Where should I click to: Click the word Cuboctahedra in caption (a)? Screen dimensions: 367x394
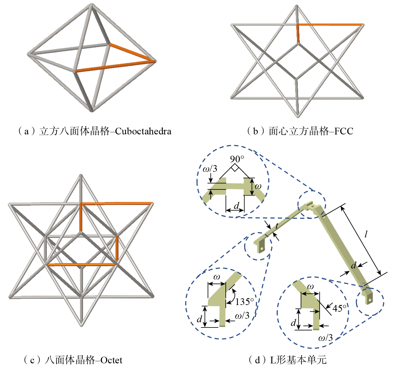pyautogui.click(x=143, y=131)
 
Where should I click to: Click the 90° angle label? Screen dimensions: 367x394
pyautogui.click(x=237, y=159)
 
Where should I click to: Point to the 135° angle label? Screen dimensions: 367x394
pyautogui.click(x=244, y=302)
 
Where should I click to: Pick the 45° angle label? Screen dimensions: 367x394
pyautogui.click(x=340, y=308)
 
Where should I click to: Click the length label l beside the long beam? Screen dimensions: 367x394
pyautogui.click(x=366, y=234)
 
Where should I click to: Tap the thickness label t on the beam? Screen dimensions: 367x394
pyautogui.click(x=277, y=226)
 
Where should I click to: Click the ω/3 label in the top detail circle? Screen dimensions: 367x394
pyautogui.click(x=210, y=168)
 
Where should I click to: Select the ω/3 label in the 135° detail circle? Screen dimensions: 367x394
pyautogui.click(x=242, y=316)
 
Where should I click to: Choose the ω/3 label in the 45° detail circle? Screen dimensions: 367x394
pyautogui.click(x=326, y=338)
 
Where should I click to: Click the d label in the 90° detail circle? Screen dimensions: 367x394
pyautogui.click(x=236, y=206)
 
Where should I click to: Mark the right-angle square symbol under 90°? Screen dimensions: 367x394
pyautogui.click(x=234, y=168)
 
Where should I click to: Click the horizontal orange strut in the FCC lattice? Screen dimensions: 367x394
pyautogui.click(x=330, y=24)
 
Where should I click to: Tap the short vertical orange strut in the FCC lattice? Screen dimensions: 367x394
pyautogui.click(x=298, y=33)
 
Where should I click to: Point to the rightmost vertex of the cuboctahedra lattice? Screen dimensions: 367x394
pyautogui.click(x=155, y=61)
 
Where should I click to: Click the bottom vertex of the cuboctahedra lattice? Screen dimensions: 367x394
pyautogui.click(x=92, y=110)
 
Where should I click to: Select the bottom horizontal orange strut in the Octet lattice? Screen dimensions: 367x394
pyautogui.click(x=81, y=265)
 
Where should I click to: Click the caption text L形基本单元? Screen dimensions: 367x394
pyautogui.click(x=298, y=360)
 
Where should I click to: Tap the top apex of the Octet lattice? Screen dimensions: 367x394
pyautogui.click(x=81, y=176)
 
